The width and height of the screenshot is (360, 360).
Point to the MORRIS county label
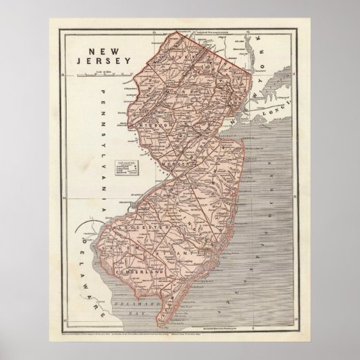tap(192, 91)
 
